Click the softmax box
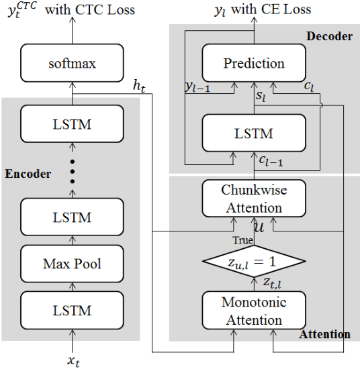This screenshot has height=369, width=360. (x=72, y=64)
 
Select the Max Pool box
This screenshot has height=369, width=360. (x=72, y=264)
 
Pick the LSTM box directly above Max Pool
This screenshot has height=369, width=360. (x=72, y=218)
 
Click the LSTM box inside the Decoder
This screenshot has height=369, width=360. (x=255, y=133)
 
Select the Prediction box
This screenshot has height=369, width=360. (x=255, y=64)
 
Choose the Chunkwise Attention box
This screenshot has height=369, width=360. (x=255, y=199)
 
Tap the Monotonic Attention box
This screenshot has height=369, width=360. (x=255, y=311)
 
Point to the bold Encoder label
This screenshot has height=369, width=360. (x=28, y=174)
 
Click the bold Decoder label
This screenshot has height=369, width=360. (x=328, y=36)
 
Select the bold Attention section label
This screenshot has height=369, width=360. (x=325, y=334)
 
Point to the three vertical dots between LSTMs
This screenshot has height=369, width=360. (x=72, y=172)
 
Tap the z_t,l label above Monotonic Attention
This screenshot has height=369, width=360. (x=271, y=282)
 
